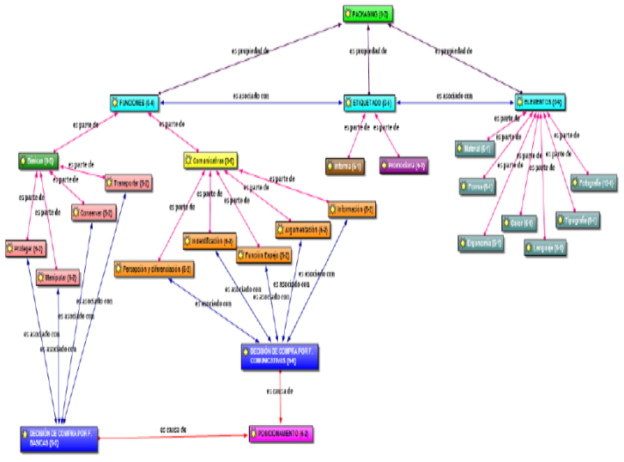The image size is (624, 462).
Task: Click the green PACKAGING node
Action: pos(367,14)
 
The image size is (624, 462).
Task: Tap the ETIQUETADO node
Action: pos(369,103)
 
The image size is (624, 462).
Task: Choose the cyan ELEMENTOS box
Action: pos(542,103)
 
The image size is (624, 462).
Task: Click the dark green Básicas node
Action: pos(39,161)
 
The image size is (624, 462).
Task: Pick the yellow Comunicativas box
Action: pos(209,161)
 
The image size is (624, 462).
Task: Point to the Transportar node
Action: pos(128,183)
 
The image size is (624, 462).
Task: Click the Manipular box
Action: pos(58,277)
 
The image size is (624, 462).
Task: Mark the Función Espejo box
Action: pos(263,255)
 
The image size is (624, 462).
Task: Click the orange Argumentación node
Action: pos(303,230)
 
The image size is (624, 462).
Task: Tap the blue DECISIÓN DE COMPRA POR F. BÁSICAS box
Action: pos(58,438)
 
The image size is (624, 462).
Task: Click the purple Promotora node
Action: pos(403,163)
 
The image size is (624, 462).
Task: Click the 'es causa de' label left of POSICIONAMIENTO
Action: pos(173,429)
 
